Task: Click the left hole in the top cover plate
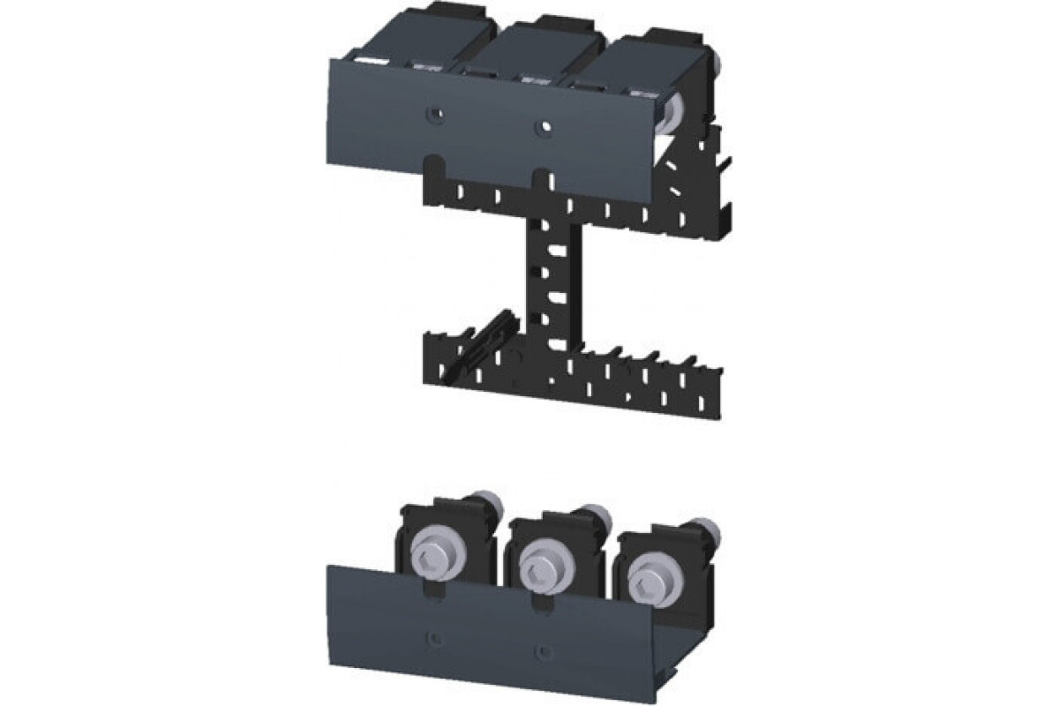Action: click(x=433, y=113)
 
